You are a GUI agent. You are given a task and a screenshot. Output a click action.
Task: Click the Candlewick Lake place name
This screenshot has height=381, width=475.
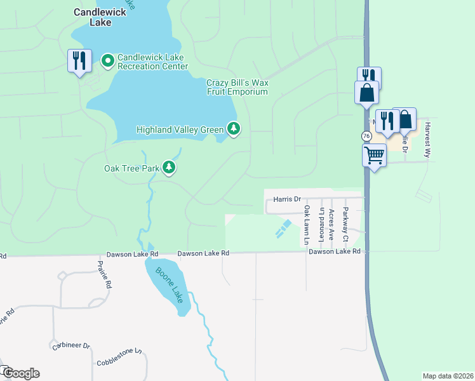[92, 17]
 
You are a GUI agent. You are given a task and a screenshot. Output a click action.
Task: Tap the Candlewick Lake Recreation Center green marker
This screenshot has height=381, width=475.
[108, 61]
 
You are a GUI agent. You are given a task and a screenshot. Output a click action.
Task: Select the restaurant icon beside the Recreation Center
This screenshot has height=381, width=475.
[79, 61]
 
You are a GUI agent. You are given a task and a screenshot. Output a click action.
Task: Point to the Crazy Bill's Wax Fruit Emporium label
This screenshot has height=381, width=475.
[237, 87]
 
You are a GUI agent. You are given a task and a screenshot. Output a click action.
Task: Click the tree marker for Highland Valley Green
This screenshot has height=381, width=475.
[234, 130]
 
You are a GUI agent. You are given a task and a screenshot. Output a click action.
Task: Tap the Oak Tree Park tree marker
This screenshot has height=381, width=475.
[169, 168]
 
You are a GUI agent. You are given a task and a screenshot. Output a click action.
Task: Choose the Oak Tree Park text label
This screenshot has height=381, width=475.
[131, 168]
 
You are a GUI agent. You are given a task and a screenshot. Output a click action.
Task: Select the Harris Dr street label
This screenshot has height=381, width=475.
[286, 199]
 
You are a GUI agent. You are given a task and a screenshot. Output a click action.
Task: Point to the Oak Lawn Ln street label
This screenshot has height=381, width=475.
[306, 225]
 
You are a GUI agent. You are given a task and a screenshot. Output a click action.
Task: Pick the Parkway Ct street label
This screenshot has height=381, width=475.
[345, 225]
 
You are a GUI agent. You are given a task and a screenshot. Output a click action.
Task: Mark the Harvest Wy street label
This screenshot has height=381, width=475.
[428, 136]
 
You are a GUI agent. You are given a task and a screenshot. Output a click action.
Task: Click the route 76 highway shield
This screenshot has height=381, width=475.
[366, 137]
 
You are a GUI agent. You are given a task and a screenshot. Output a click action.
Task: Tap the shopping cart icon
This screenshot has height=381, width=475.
[375, 154]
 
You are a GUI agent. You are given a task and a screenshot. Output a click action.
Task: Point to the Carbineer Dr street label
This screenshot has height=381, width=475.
[71, 346]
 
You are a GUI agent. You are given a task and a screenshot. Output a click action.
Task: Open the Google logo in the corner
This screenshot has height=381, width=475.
[21, 373]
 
